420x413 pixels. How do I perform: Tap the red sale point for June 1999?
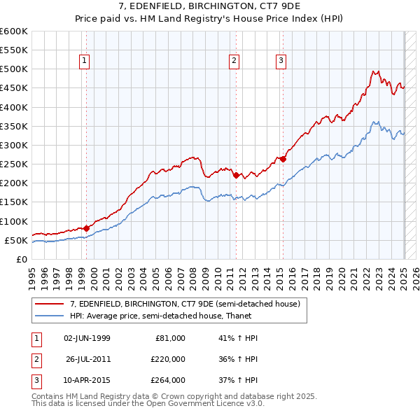[x=87, y=227]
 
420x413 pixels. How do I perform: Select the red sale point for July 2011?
[x=236, y=175]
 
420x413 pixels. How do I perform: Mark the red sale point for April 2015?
[x=283, y=159]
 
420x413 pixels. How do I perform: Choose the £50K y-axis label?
[x=17, y=240]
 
